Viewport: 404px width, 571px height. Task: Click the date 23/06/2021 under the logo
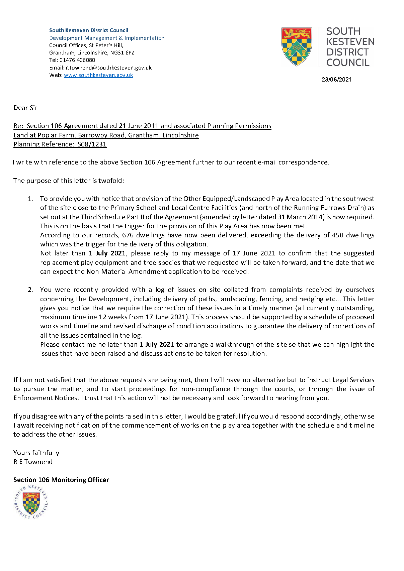(336, 80)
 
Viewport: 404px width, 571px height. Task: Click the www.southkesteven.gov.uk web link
(98, 75)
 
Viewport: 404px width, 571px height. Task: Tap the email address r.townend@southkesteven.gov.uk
(108, 68)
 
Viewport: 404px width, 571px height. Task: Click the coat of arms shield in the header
(297, 46)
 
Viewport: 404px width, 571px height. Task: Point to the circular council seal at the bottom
(31, 502)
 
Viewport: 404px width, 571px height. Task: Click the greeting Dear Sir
(25, 108)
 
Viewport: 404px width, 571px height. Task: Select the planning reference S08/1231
(92, 144)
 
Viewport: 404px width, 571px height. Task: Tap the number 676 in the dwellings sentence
(128, 235)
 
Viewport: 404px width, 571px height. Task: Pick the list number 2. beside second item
(30, 290)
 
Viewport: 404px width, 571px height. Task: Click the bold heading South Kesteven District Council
(89, 30)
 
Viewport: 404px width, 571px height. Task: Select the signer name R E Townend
(33, 462)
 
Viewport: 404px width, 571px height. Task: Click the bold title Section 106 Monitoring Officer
(61, 480)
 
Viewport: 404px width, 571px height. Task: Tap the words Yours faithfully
(36, 453)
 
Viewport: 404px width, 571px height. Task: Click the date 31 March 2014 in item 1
(301, 217)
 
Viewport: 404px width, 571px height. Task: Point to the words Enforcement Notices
(46, 398)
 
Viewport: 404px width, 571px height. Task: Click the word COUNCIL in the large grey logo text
(347, 63)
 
